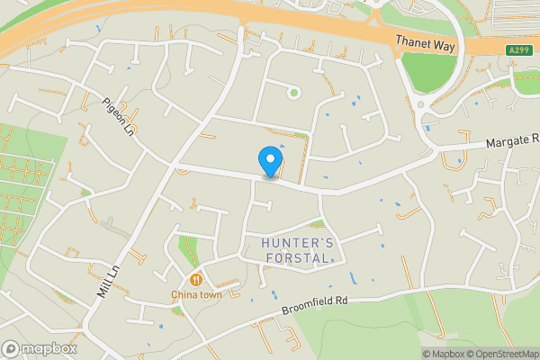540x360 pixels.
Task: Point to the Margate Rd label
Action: (x=510, y=140)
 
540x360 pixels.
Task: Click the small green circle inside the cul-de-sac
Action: (x=292, y=91)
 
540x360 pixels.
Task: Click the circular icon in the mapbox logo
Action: (x=11, y=348)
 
